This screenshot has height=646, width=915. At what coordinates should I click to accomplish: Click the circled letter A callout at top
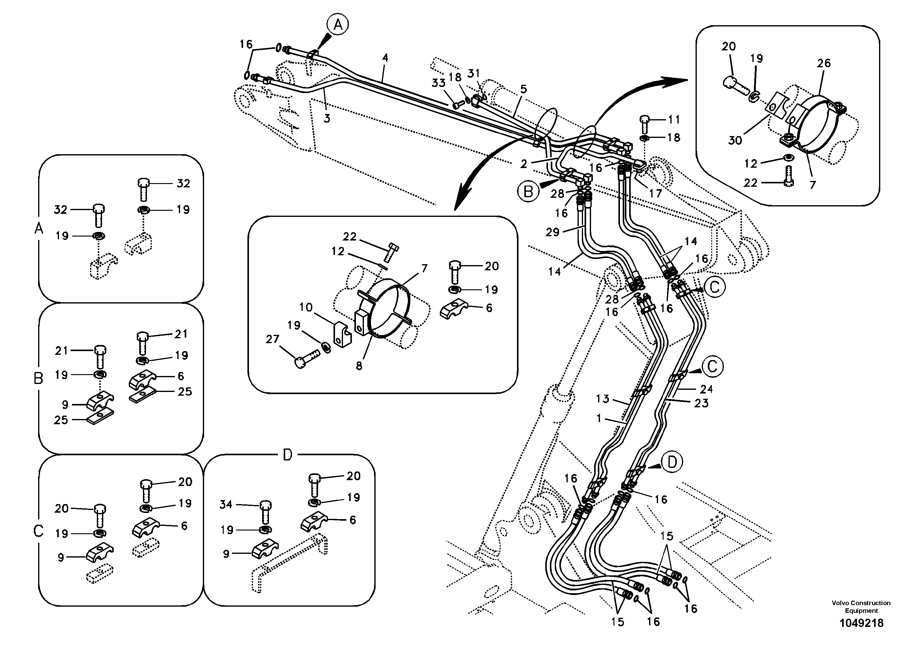coord(337,25)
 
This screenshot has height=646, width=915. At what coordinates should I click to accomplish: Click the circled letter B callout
coord(528,192)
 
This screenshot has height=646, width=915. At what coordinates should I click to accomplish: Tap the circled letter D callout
coord(672,462)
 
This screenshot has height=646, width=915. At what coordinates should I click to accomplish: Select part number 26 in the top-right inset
coord(823,63)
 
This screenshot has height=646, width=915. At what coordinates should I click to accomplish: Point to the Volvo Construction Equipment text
coord(861,607)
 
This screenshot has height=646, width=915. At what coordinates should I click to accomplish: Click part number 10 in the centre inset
coord(306,307)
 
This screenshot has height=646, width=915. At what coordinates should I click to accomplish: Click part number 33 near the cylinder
coord(438,83)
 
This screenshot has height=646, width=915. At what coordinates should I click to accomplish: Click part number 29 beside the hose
coord(552,232)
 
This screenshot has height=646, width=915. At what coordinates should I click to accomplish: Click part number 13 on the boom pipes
coord(602,398)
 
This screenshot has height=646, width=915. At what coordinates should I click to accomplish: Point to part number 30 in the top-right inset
coord(735,140)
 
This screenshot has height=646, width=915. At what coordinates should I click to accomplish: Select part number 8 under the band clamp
coord(359,366)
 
